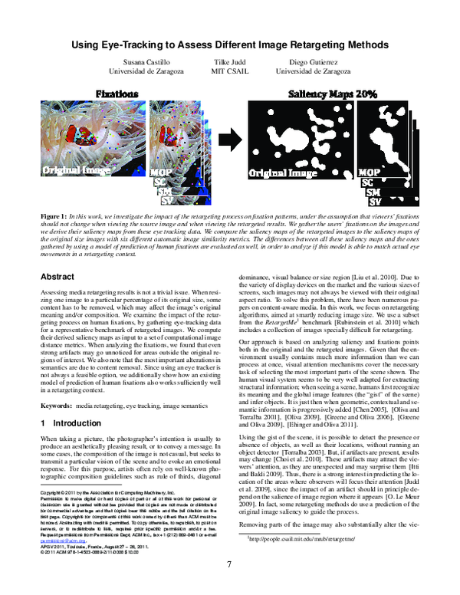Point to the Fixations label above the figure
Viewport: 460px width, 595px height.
[x=117, y=93]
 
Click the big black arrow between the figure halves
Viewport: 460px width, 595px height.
[x=229, y=138]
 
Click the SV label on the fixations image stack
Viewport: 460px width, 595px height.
[x=162, y=202]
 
